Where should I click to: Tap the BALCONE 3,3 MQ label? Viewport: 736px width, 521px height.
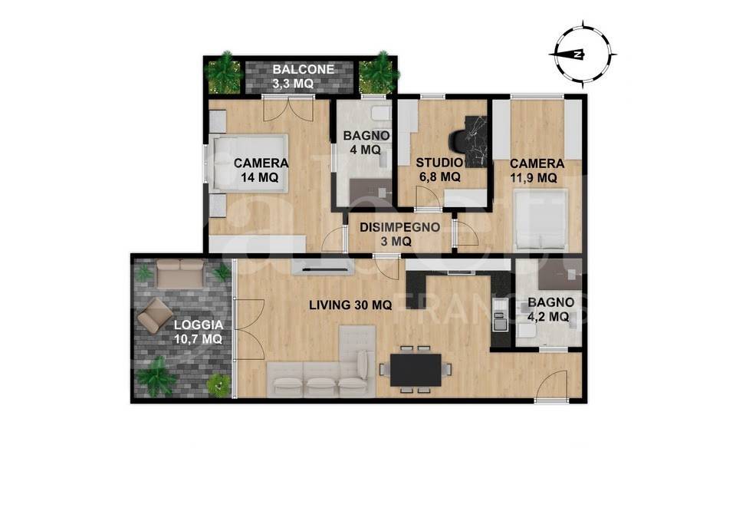[304, 77]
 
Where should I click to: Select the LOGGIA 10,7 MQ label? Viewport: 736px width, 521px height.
[198, 331]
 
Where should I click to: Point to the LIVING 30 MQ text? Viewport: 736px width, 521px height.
[350, 305]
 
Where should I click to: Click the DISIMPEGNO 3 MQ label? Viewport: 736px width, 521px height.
[399, 235]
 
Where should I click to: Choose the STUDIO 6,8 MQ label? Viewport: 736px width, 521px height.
[439, 170]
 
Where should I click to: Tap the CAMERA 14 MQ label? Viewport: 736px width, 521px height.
[261, 170]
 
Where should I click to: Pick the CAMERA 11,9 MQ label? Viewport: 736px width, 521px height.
[537, 170]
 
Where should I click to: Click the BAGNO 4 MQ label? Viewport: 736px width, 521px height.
[366, 143]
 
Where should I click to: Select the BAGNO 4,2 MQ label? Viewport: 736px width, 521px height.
[550, 309]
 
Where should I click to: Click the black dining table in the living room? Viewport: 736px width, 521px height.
[416, 370]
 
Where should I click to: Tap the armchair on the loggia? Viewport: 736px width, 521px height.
[155, 315]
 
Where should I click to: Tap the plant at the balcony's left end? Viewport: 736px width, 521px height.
[224, 73]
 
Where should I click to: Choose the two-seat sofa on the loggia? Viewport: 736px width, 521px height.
[180, 273]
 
